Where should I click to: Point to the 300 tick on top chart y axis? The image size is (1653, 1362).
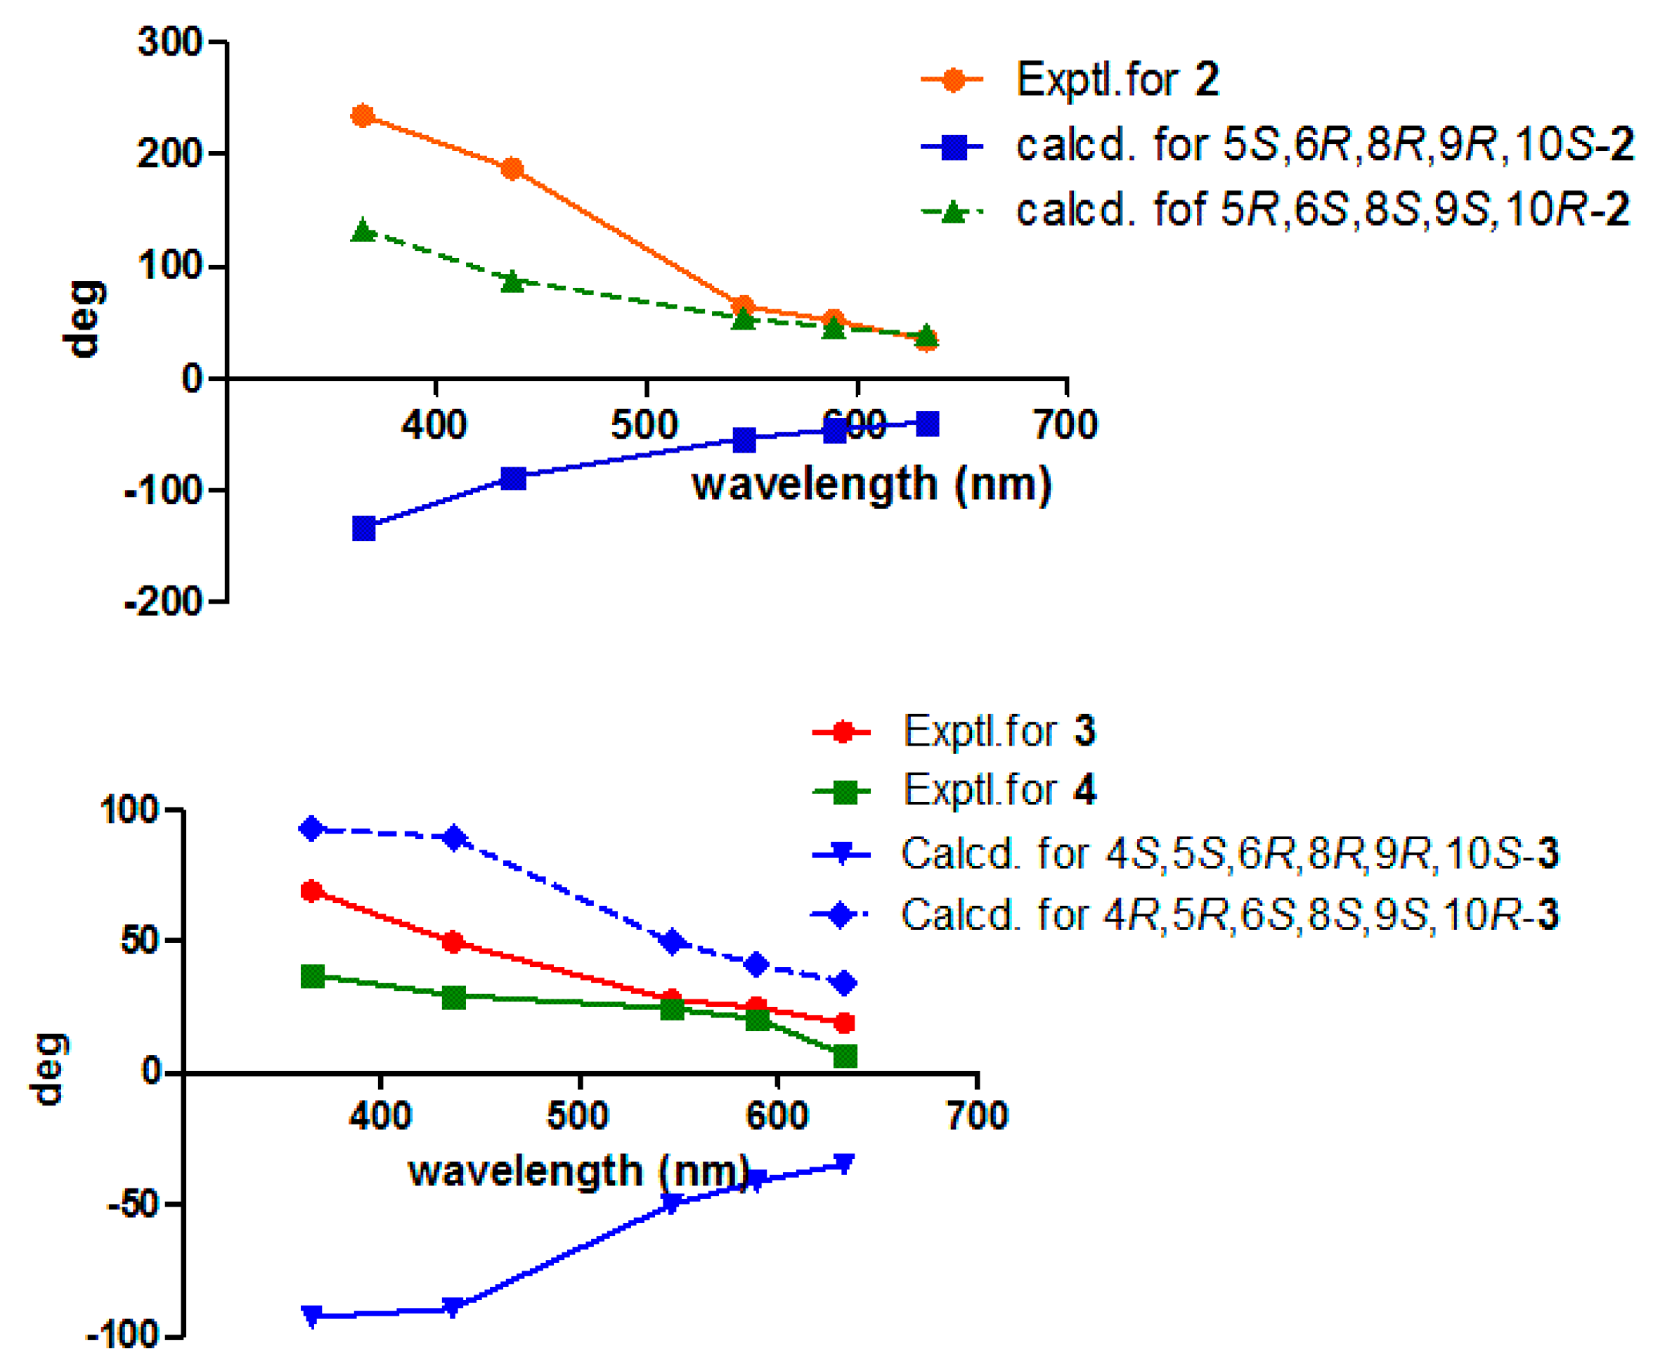pyautogui.click(x=171, y=41)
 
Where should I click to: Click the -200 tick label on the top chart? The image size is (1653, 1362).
pyautogui.click(x=164, y=602)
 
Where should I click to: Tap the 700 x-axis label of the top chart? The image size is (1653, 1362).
pyautogui.click(x=1065, y=424)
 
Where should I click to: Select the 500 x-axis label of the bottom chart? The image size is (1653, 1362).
pyautogui.click(x=578, y=1115)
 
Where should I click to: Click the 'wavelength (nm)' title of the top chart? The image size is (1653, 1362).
pyautogui.click(x=871, y=484)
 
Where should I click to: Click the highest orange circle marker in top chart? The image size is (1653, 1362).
pyautogui.click(x=363, y=116)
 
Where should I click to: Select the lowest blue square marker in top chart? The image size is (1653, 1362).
pyautogui.click(x=364, y=528)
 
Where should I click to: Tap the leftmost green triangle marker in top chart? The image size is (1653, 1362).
pyautogui.click(x=363, y=231)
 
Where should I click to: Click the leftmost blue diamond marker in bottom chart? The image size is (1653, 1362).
pyautogui.click(x=312, y=829)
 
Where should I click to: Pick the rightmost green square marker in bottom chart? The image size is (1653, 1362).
pyautogui.click(x=845, y=1056)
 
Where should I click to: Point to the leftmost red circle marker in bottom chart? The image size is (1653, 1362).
pyautogui.click(x=312, y=891)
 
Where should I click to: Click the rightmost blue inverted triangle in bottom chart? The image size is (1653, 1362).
pyautogui.click(x=843, y=1164)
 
